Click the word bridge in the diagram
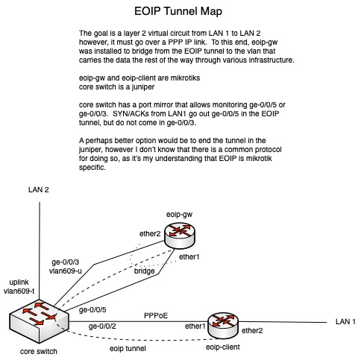coord(145,271)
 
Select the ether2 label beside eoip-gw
coord(151,233)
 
